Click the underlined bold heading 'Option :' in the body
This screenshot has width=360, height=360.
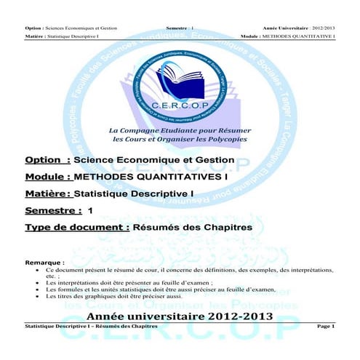[x=47, y=160]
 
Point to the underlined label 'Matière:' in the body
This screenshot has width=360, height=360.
[x=48, y=194]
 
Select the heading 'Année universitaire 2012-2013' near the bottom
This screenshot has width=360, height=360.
[x=180, y=316]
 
